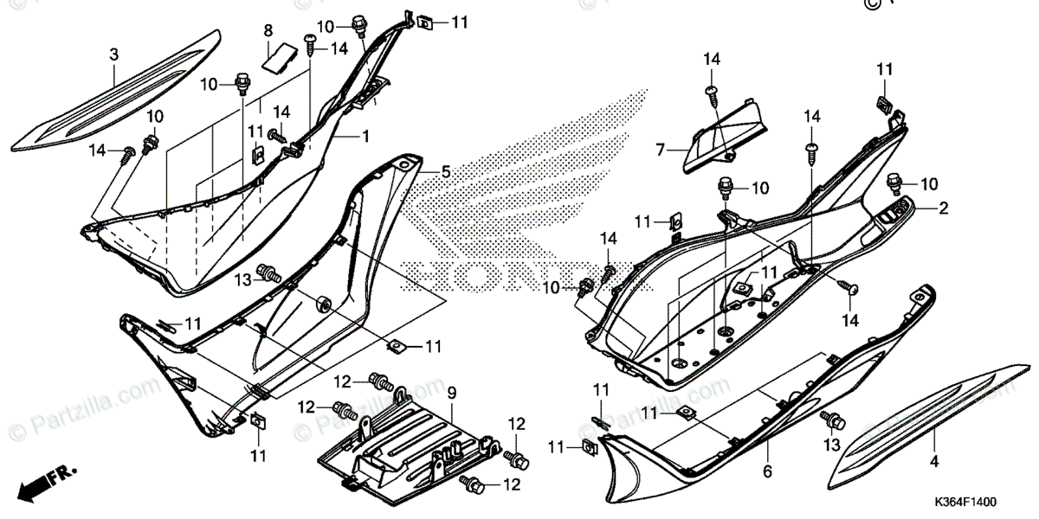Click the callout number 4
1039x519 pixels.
coord(933,462)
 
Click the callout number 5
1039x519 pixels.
coord(445,173)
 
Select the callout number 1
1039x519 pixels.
coord(365,137)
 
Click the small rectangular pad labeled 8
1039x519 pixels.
coord(277,58)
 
